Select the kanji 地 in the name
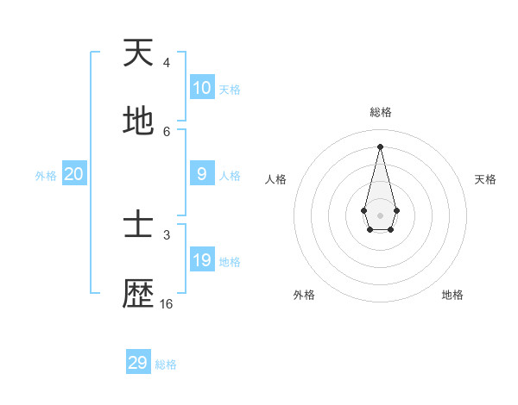(x=138, y=122)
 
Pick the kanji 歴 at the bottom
(x=138, y=295)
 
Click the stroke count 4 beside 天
(x=167, y=63)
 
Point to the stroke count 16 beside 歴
(x=167, y=304)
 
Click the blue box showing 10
(x=202, y=88)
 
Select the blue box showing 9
(x=202, y=174)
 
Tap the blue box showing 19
(x=202, y=260)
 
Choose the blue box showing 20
(x=74, y=174)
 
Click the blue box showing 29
(x=138, y=363)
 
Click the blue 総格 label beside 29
(x=166, y=364)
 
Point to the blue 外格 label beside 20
(x=46, y=176)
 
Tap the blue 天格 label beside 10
(x=230, y=90)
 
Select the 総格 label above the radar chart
(x=381, y=112)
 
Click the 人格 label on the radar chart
(x=276, y=179)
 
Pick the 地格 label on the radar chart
(x=452, y=295)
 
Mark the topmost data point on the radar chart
(x=380, y=146)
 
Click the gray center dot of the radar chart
(x=380, y=215)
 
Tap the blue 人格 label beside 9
(x=230, y=176)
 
